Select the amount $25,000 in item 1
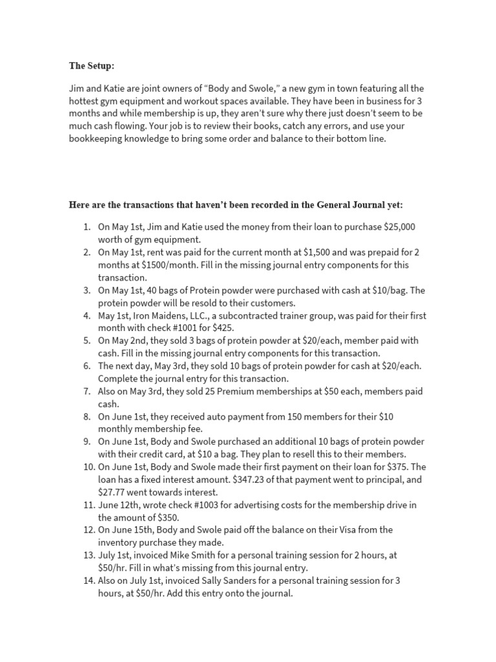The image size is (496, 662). [x=400, y=227]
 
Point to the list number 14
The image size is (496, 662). [x=87, y=581]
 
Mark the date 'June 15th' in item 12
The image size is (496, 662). [x=133, y=529]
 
